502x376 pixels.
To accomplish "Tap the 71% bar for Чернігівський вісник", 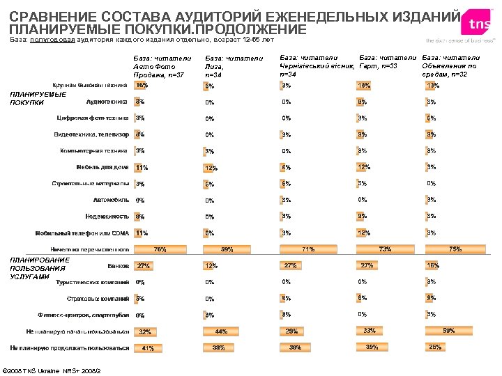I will pyautogui.click(x=307, y=249).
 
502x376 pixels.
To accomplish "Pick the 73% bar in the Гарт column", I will pyautogui.click(x=384, y=249).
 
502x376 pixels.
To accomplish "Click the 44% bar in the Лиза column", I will pyautogui.click(x=222, y=331).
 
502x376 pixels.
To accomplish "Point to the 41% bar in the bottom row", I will pyautogui.click(x=148, y=347).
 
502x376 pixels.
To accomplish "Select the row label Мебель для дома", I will pyautogui.click(x=102, y=167).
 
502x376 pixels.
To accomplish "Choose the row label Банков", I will pyautogui.click(x=118, y=265).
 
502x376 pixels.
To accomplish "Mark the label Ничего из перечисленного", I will pyautogui.click(x=90, y=249).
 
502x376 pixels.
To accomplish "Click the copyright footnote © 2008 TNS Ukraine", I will pyautogui.click(x=52, y=369).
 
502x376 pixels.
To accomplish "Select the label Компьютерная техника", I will pyautogui.click(x=93, y=150).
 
